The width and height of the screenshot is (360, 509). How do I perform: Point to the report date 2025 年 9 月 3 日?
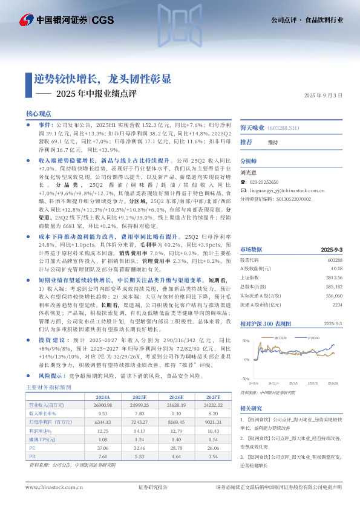click(x=323, y=96)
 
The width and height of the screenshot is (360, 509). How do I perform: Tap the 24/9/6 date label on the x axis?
click(x=254, y=383)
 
